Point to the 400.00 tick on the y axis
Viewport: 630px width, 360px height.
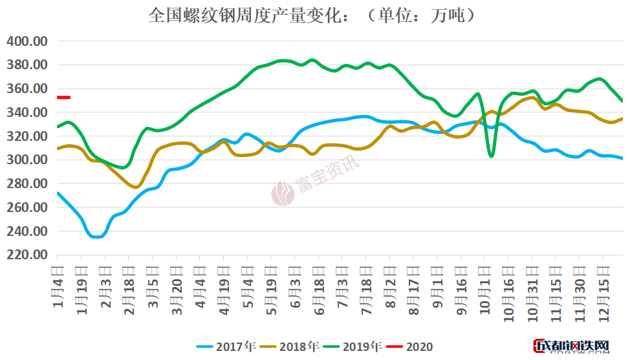pos(27,41)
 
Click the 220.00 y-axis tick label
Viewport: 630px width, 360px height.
pos(27,255)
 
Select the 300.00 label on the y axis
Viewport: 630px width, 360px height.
pos(27,160)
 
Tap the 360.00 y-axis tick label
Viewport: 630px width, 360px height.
pos(27,89)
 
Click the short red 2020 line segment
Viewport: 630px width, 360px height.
pos(63,98)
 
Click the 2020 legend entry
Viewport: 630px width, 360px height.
pos(410,347)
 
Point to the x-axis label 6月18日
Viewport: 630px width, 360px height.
pos(318,290)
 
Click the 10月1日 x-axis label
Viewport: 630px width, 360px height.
pos(485,290)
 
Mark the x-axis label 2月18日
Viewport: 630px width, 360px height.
pos(129,290)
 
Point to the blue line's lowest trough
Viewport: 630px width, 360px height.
pos(96,237)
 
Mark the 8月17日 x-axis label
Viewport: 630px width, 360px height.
pos(414,290)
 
